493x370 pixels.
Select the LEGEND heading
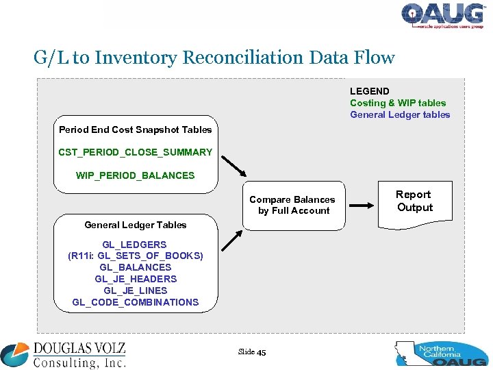(369, 91)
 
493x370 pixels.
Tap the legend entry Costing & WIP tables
(398, 103)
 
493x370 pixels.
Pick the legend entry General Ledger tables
(400, 114)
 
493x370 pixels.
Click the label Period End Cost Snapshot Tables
(135, 129)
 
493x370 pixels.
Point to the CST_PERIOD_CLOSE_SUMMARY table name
(135, 151)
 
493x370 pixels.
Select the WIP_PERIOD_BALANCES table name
(135, 175)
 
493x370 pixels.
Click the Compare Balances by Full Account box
(292, 205)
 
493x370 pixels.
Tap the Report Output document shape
(414, 201)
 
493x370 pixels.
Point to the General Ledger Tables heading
(135, 225)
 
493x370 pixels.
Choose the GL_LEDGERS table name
(134, 244)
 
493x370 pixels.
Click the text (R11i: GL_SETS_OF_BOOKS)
(135, 256)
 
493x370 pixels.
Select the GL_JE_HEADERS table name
(135, 279)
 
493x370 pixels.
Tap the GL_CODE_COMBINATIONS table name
(135, 302)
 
